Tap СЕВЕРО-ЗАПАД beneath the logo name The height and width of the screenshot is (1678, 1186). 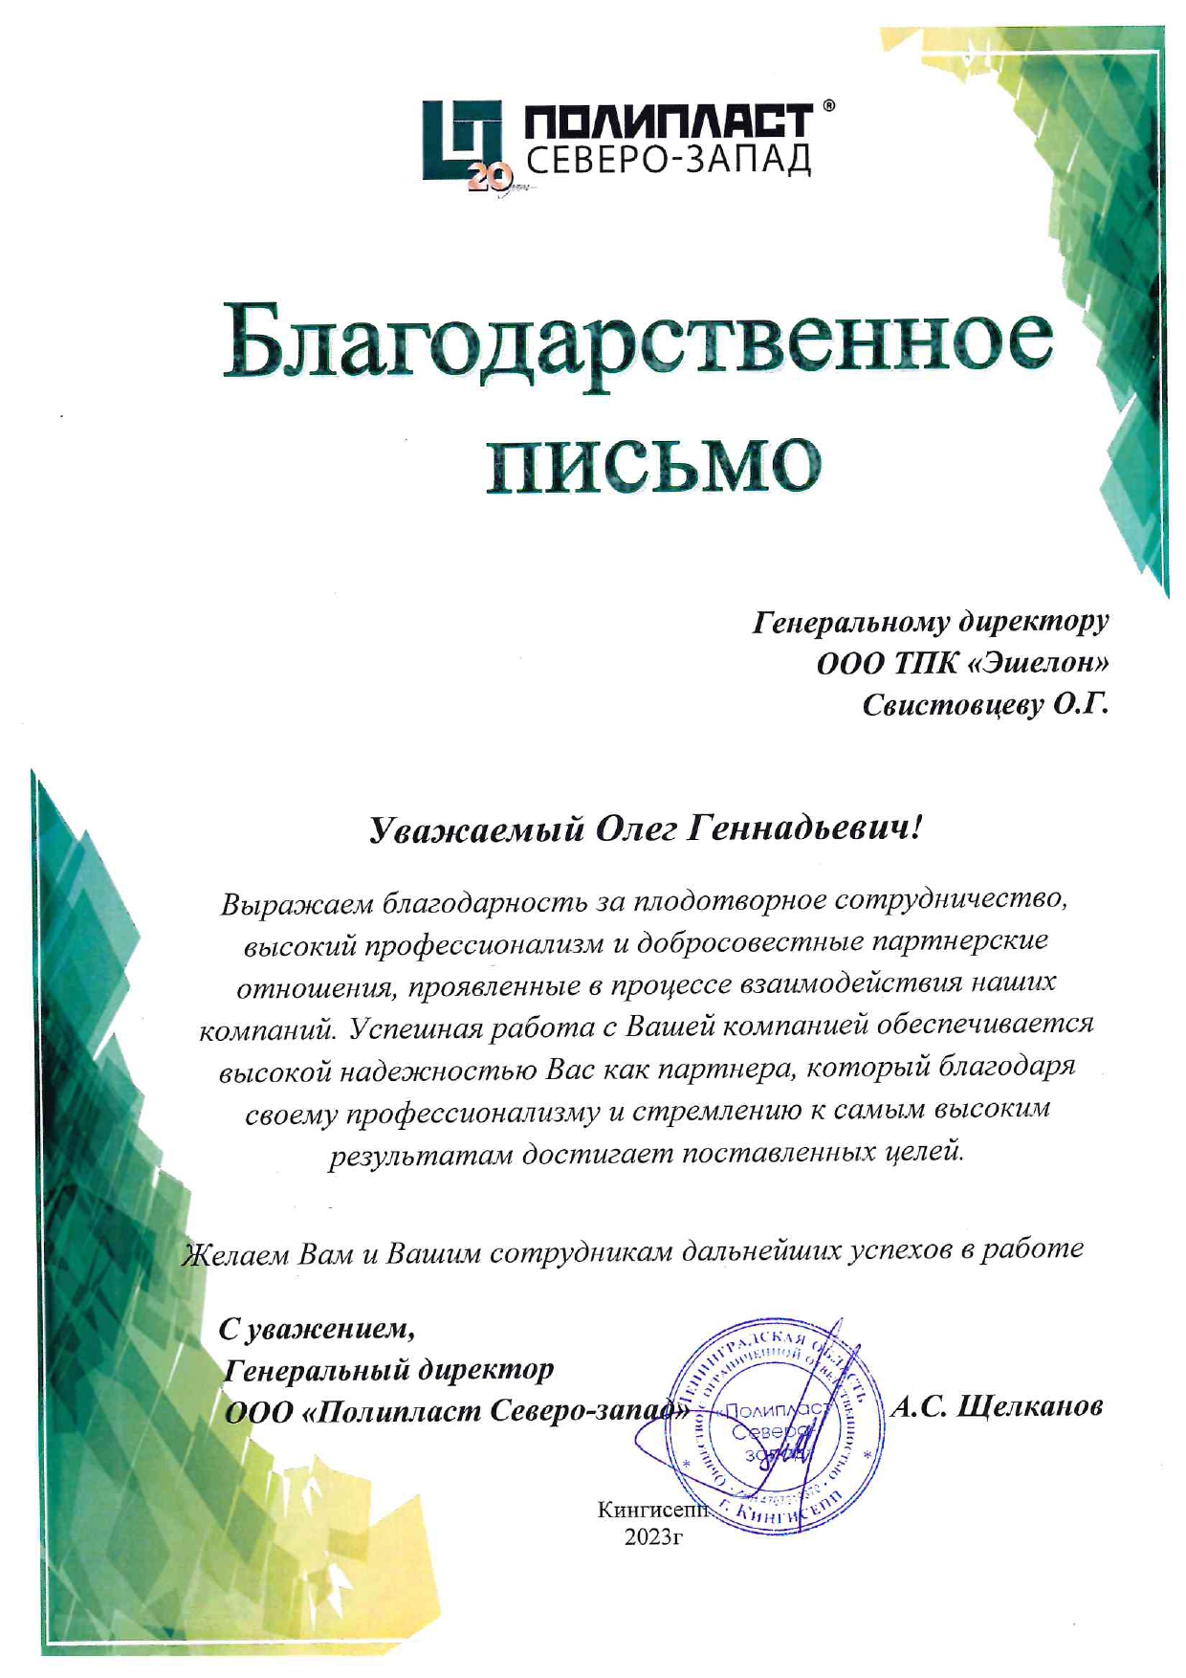pyautogui.click(x=668, y=160)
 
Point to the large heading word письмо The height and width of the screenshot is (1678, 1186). pyautogui.click(x=653, y=464)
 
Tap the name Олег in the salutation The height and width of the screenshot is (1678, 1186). pyautogui.click(x=636, y=828)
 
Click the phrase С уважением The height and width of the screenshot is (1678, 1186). pyautogui.click(x=318, y=1328)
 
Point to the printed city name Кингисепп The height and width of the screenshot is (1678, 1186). pyautogui.click(x=652, y=1511)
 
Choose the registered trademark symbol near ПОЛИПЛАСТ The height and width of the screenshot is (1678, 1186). pyautogui.click(x=828, y=106)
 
